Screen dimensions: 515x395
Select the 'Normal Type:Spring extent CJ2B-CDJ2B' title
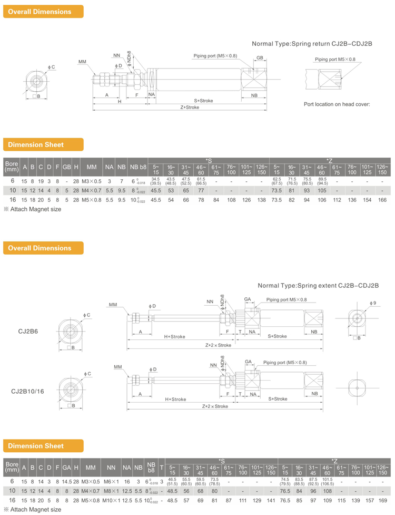point(318,285)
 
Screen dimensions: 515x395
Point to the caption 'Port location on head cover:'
point(337,104)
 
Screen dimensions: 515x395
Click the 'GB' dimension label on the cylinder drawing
point(260,57)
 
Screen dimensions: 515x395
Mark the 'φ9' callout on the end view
point(372,303)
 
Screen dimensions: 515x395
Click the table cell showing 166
point(382,200)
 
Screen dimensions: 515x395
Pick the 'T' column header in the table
point(161,467)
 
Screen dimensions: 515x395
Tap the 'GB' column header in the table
point(67,167)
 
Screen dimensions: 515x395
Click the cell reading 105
point(322,190)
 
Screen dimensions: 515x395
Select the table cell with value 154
point(368,200)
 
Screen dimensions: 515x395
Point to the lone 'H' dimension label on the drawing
point(120,101)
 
